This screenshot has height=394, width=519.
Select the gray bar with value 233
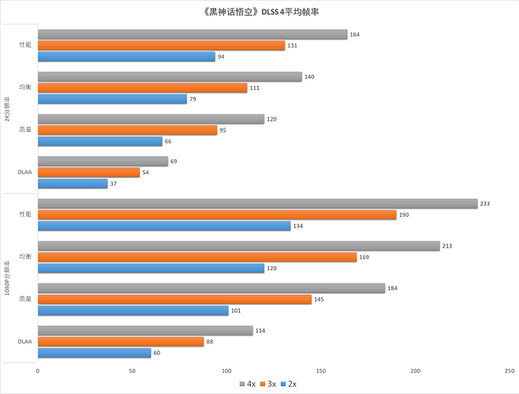pyautogui.click(x=257, y=203)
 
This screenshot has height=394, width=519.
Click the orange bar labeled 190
pyautogui.click(x=216, y=214)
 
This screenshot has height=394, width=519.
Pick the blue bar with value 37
pyautogui.click(x=73, y=184)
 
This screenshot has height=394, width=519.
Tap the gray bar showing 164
pyautogui.click(x=192, y=35)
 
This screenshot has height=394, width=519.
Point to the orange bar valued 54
pyautogui.click(x=88, y=173)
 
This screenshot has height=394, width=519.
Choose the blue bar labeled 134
pyautogui.click(x=164, y=225)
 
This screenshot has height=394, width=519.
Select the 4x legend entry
pyautogui.click(x=247, y=384)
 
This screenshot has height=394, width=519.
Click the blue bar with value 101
pyautogui.click(x=133, y=310)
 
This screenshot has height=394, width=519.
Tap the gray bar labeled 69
pyautogui.click(x=103, y=162)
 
